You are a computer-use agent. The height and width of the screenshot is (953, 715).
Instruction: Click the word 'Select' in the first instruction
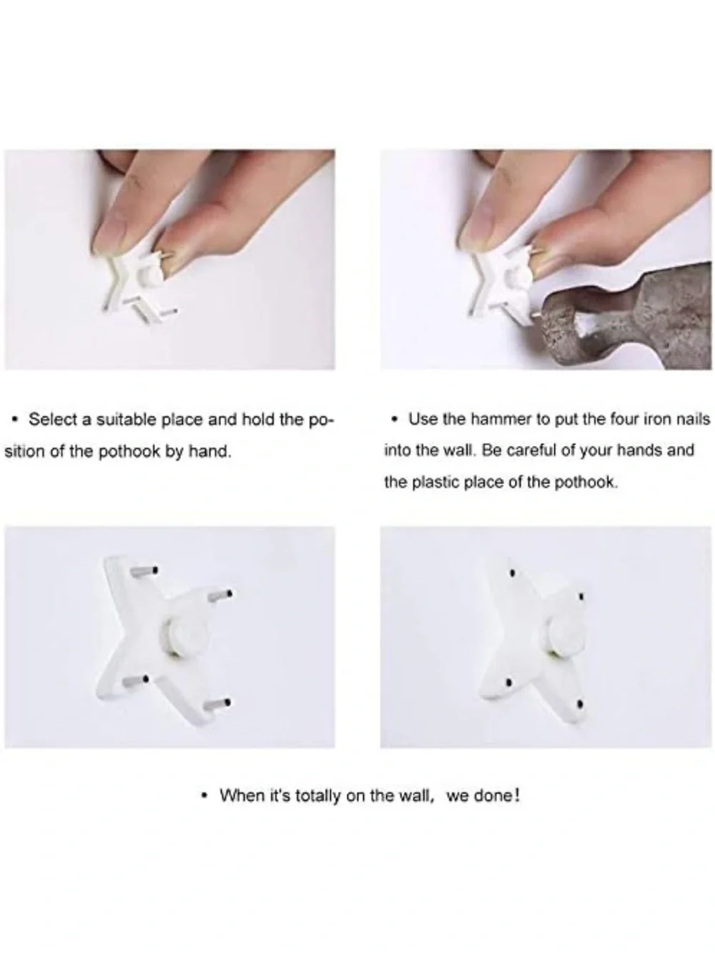point(54,420)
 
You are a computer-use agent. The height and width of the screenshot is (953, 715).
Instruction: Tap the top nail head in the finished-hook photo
point(513,573)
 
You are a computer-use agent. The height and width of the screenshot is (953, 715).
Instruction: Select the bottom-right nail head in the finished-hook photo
point(581,704)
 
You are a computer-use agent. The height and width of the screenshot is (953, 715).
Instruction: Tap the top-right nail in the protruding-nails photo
point(220,595)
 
